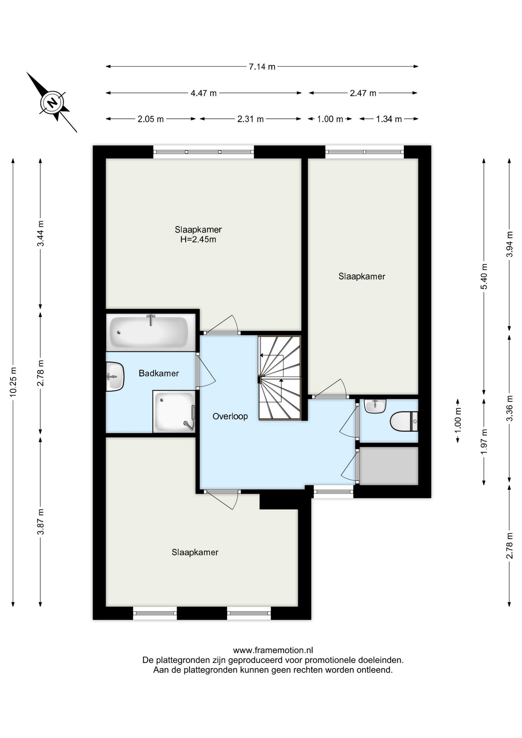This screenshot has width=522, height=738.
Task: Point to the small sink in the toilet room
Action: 375,406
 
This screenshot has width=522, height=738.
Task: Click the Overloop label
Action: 230,416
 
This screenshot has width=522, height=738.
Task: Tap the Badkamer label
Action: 159,373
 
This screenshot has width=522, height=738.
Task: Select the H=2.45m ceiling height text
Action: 198,239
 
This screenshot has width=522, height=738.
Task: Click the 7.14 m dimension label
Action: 262,67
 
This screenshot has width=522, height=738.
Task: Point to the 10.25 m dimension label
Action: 13,382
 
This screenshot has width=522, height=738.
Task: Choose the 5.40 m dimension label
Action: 484,277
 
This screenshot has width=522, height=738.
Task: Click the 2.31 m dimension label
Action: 251,119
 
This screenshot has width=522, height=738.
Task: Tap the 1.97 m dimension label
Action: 484,442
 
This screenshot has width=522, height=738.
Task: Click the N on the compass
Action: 52,103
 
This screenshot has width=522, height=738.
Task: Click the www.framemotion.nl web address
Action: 273,650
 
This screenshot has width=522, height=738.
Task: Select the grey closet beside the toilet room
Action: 389,466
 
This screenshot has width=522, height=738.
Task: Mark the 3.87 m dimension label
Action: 41,522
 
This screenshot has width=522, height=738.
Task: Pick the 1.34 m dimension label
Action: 389,119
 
